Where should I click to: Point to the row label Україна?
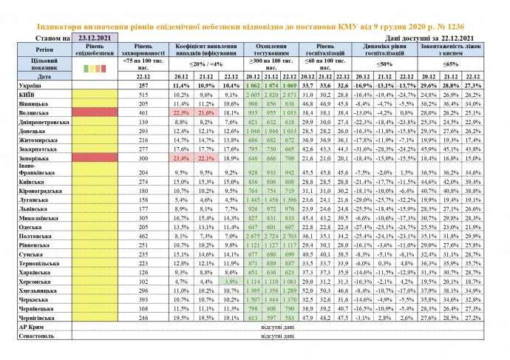[30, 86]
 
